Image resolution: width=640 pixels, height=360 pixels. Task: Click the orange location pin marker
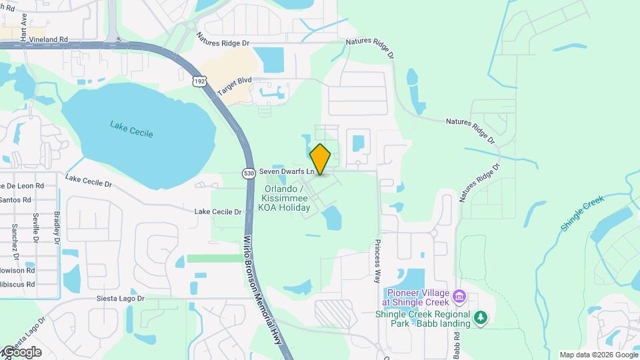tap(321, 159)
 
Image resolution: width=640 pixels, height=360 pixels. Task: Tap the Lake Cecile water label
tap(132, 129)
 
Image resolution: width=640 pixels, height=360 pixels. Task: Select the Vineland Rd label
tap(53, 39)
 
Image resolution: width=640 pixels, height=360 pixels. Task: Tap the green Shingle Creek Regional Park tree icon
tap(481, 317)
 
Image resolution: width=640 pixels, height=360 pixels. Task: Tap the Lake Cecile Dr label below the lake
tap(217, 211)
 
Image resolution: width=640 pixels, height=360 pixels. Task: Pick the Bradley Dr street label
tap(57, 227)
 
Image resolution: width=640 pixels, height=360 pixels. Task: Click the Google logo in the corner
tap(21, 352)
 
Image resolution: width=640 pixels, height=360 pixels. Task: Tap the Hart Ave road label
tap(24, 27)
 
